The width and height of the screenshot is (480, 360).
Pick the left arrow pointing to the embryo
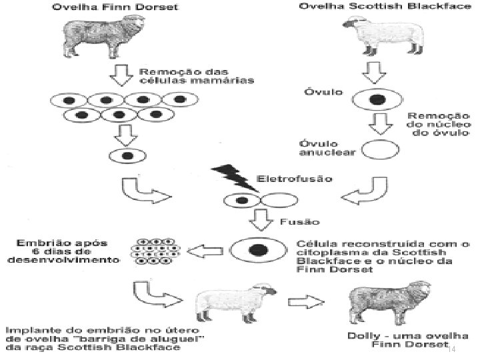pos(205,251)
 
